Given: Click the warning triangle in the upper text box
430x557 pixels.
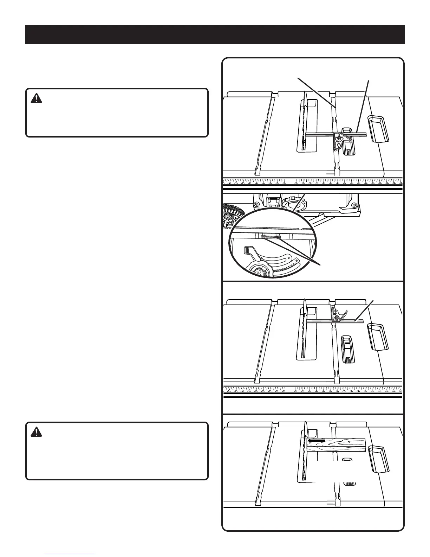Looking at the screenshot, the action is [36, 98].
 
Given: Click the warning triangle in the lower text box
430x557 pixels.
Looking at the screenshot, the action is [36, 432].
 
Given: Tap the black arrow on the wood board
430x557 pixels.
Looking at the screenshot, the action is [316, 440].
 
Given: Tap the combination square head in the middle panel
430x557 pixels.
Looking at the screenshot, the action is [338, 314].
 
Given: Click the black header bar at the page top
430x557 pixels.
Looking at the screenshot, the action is [215, 35].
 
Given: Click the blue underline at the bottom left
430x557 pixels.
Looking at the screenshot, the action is [70, 554].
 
